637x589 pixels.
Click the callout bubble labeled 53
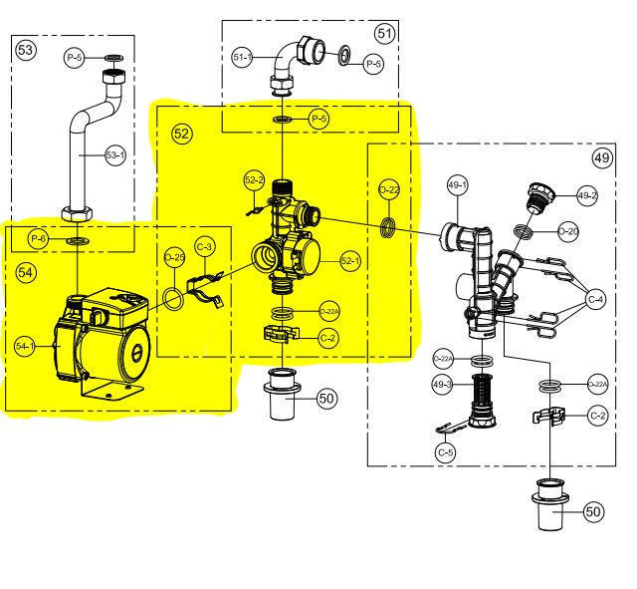(25, 50)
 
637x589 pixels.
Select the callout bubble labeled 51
(384, 33)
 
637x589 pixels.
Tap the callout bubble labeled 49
(602, 156)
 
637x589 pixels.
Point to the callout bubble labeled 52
(181, 133)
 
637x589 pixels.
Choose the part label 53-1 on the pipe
(115, 154)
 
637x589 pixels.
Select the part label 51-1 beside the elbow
(242, 57)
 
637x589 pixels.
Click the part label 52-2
(254, 180)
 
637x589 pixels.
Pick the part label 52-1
(350, 261)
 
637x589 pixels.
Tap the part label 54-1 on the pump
(25, 346)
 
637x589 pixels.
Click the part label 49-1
(457, 184)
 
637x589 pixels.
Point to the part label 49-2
(588, 195)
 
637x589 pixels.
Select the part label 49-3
(443, 384)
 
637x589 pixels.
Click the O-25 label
(174, 258)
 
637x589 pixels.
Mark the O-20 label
(568, 231)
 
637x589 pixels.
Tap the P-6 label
(39, 239)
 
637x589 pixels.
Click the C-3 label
(205, 245)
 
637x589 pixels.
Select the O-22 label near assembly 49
(389, 189)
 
